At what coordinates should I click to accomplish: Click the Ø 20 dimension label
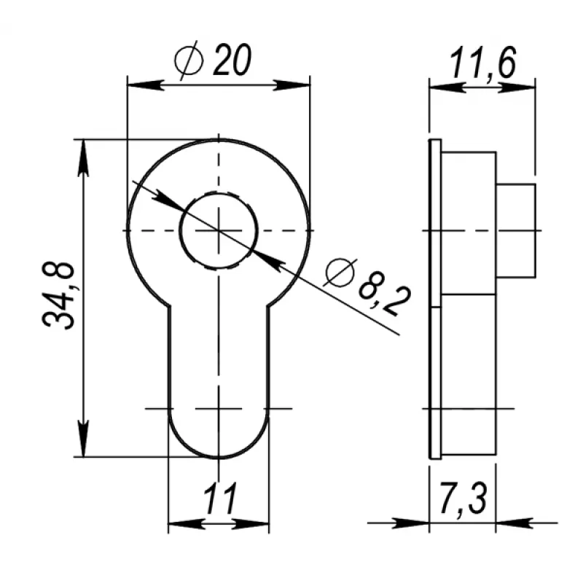tap(213, 60)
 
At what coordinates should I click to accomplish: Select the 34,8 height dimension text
tap(58, 297)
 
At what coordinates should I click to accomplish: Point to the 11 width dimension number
tap(220, 499)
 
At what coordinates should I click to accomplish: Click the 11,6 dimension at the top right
tap(483, 63)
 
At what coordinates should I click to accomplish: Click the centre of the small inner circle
tap(219, 230)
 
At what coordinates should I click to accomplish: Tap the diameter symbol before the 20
tap(189, 60)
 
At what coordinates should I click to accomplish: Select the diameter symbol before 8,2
tap(338, 273)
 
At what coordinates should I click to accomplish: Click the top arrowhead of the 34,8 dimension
tap(84, 157)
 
